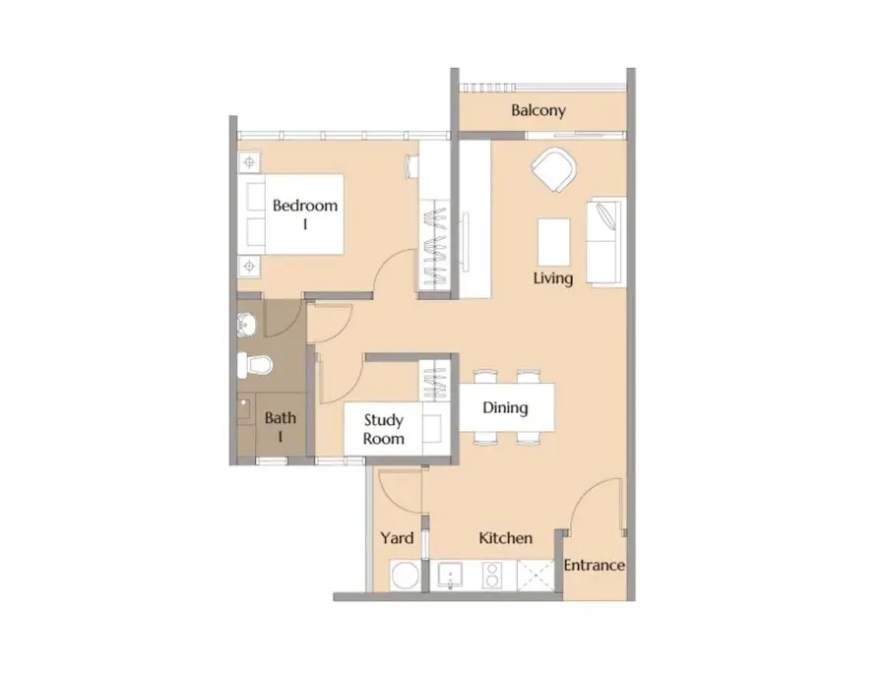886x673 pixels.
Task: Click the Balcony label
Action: pos(538,110)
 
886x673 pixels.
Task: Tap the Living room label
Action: pos(552,277)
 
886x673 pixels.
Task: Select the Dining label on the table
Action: pos(505,407)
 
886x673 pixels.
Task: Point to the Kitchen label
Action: pos(505,538)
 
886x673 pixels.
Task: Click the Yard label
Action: pos(397,538)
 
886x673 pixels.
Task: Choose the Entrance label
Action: pos(594,565)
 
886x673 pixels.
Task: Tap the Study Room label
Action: pos(384,429)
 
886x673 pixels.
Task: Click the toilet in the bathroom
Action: pos(254,365)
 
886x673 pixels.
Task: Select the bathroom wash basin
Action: pos(246,324)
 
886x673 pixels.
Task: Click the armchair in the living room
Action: pos(553,169)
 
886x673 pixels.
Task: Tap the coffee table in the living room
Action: pos(553,242)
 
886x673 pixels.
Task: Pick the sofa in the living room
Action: pos(605,242)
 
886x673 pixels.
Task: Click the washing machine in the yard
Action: pos(406,576)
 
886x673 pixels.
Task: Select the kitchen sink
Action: pos(450,576)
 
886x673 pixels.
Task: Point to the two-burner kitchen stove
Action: pos(491,576)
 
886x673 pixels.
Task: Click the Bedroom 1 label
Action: pos(305,214)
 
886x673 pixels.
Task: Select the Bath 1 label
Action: pos(281,427)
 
